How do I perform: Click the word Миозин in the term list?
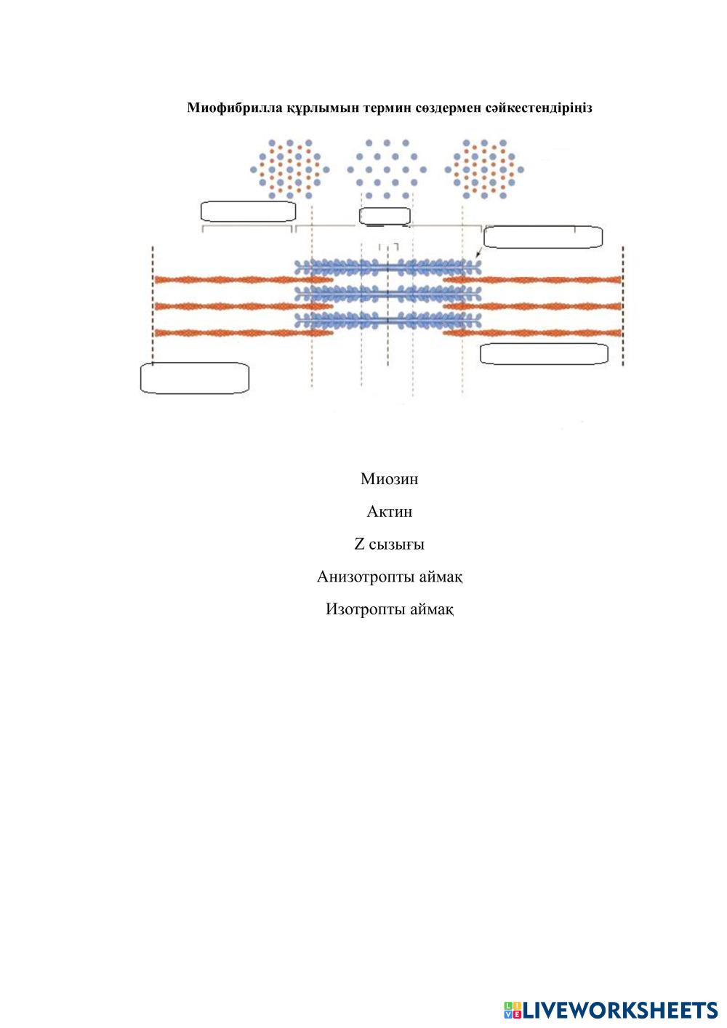tap(389, 479)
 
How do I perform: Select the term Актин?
tap(389, 512)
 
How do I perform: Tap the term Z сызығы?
tap(389, 545)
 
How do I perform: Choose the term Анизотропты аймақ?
tap(390, 577)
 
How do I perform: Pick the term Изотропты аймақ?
tap(390, 609)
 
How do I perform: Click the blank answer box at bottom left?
tap(194, 378)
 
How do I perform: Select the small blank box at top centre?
tap(385, 216)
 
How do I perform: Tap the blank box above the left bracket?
tap(247, 212)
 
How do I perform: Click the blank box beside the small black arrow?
tap(542, 237)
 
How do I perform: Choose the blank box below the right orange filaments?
tap(544, 353)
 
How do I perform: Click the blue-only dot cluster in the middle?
tap(386, 169)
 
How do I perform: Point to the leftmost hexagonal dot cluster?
tap(289, 169)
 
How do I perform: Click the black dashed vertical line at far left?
tap(153, 305)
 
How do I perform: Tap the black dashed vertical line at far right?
tap(623, 305)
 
